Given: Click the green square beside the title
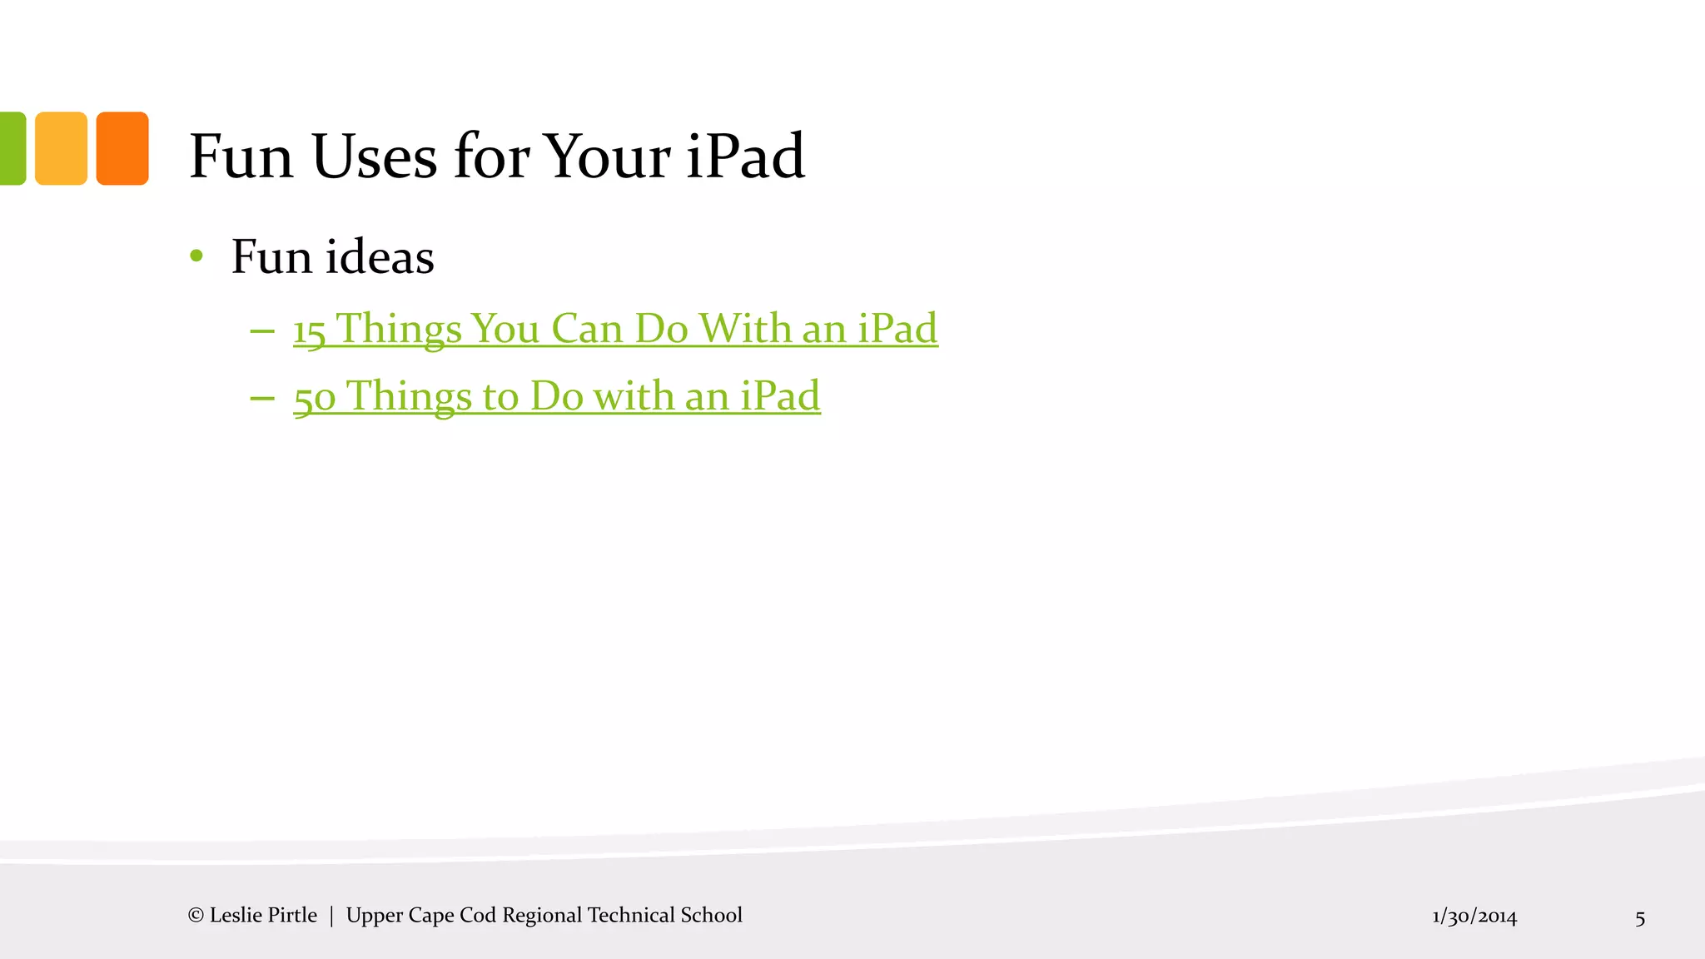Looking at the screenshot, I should pos(12,148).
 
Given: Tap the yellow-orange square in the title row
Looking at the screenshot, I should pos(61,148).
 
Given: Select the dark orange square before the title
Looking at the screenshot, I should pos(122,148).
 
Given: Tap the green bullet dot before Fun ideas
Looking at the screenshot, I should pos(196,256).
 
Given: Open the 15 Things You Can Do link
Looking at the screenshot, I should pos(615,328).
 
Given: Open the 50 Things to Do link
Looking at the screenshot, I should pos(557,395).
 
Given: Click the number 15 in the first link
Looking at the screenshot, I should pos(309,330).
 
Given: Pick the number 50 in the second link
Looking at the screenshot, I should pos(315,397).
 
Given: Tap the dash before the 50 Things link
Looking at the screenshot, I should pos(262,398).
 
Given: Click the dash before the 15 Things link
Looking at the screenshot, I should pos(262,330).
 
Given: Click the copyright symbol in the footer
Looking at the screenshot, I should pos(196,916).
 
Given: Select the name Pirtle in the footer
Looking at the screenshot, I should pos(291,915).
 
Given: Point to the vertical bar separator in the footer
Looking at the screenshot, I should pos(331,916).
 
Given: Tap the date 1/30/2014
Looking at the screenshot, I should pos(1474,917).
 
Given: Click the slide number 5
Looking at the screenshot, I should pos(1640,918).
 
